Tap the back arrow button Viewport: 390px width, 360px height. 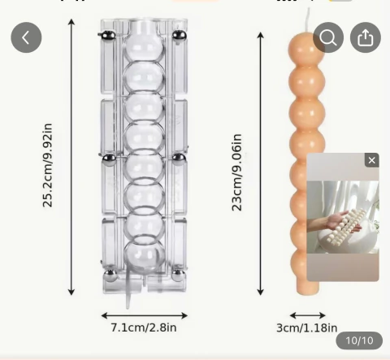click(x=26, y=37)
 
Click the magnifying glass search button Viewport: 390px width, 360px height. click(x=328, y=37)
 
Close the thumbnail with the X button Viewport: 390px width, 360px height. click(x=371, y=160)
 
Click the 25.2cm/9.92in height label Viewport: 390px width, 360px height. click(x=47, y=165)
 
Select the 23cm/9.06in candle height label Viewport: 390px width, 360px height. click(x=236, y=172)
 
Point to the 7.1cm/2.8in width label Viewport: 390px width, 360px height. click(x=144, y=327)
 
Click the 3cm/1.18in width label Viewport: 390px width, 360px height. click(x=307, y=327)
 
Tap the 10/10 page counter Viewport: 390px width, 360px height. click(x=359, y=340)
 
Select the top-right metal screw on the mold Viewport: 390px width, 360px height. click(x=179, y=36)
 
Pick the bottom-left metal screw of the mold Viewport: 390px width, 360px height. click(x=110, y=275)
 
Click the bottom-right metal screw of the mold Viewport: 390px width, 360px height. click(x=179, y=275)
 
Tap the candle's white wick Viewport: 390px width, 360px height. click(x=308, y=20)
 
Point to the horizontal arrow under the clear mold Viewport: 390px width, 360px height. click(x=145, y=315)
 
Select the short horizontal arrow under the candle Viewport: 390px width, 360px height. click(x=307, y=315)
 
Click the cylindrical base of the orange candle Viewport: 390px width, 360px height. click(x=307, y=288)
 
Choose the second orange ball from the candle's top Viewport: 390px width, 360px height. click(x=307, y=81)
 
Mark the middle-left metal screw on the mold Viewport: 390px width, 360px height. click(x=110, y=159)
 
